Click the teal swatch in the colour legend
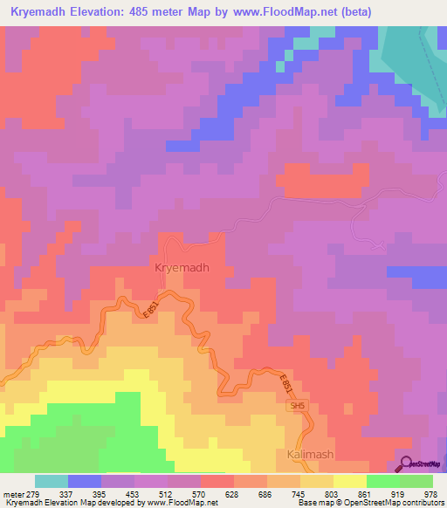coord(52,482)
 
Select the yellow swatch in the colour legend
coord(350,482)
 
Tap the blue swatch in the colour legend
coord(85,482)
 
